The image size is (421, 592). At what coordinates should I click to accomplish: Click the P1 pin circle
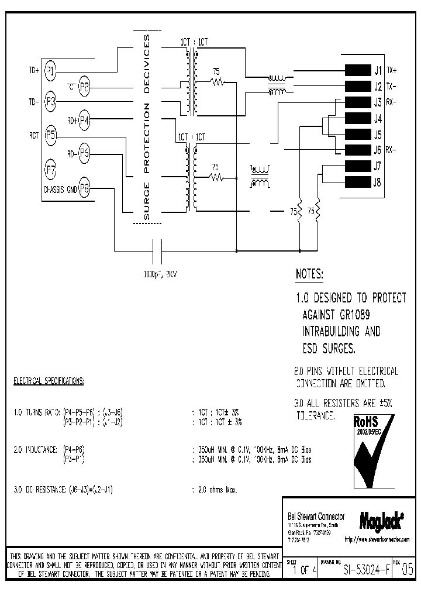tap(51, 71)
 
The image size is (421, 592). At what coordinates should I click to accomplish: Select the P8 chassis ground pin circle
tap(85, 188)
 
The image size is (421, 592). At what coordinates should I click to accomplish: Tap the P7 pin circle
tap(51, 171)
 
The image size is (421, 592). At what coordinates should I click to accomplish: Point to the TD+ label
tap(34, 71)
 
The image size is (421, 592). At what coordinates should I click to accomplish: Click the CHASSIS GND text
tap(60, 189)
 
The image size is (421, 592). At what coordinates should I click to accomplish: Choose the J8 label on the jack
tap(378, 181)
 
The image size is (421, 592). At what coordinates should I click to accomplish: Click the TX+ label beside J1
tap(391, 71)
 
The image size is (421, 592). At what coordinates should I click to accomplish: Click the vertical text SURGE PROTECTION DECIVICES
tap(147, 128)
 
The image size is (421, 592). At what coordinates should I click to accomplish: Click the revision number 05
tap(408, 569)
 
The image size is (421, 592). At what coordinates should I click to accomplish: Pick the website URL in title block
tap(377, 539)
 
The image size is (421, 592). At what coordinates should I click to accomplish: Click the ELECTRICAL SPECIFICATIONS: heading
tap(49, 381)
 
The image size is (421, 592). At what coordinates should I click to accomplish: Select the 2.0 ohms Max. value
tap(215, 488)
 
